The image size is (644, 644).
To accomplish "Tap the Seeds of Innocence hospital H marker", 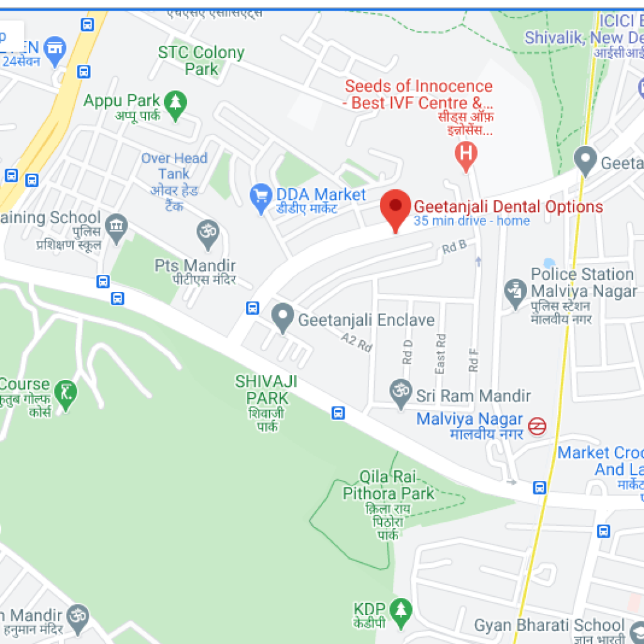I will (x=465, y=154).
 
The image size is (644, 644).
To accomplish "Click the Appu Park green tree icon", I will (x=175, y=101).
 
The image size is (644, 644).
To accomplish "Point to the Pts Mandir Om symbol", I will (x=206, y=233).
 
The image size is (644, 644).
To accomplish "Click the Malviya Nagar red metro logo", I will (x=536, y=426).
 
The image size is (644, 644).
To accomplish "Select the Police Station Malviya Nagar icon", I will (x=515, y=291).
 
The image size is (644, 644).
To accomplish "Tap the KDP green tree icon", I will (x=401, y=610).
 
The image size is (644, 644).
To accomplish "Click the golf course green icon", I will (x=65, y=394).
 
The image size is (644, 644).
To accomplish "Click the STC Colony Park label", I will (x=201, y=60).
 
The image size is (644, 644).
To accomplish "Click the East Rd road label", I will (x=440, y=353).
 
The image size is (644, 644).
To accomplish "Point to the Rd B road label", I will (x=454, y=247).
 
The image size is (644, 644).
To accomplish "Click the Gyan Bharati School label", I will (x=549, y=625).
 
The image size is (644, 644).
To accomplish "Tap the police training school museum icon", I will (x=116, y=226).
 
